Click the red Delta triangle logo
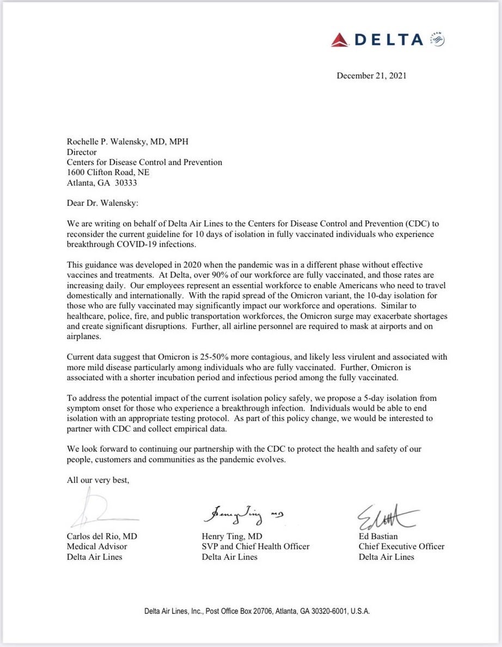pos(340,39)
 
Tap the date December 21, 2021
pos(371,76)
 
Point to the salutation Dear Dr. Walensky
pos(103,203)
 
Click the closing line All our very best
pos(98,480)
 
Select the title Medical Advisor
pos(97,546)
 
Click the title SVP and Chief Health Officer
pos(255,546)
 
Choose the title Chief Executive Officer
pos(401,546)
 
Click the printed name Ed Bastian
pos(378,536)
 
